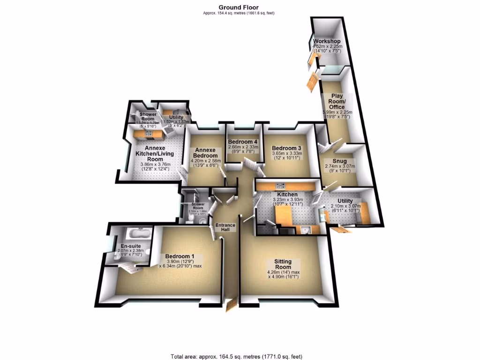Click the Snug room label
point(339,161)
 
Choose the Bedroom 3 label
point(286,148)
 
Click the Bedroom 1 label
point(180,256)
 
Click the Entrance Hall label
point(225,228)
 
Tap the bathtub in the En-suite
point(138,233)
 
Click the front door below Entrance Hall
point(230,306)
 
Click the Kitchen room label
point(287,194)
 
